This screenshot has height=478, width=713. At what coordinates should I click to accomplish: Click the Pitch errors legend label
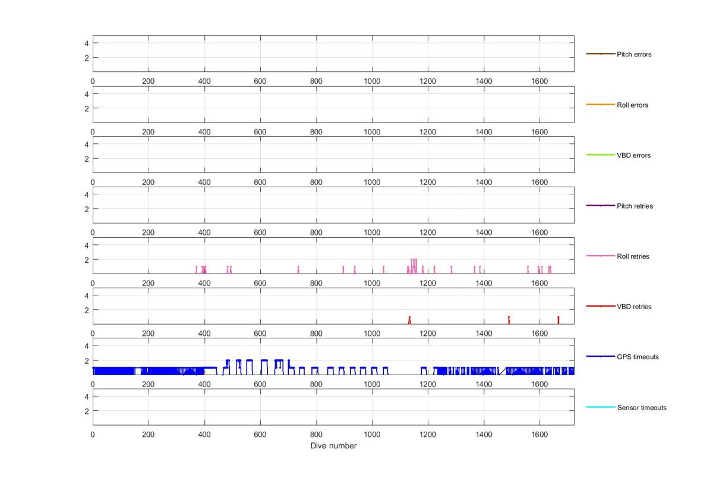pyautogui.click(x=634, y=54)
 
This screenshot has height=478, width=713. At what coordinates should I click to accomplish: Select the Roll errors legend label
pyautogui.click(x=632, y=105)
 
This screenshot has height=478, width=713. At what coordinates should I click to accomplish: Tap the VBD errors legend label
pyautogui.click(x=633, y=155)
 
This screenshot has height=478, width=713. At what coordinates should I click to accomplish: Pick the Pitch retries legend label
pyautogui.click(x=635, y=206)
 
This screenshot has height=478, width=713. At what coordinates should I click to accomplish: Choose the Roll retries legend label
pyautogui.click(x=633, y=256)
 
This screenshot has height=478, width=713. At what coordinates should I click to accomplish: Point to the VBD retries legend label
pyautogui.click(x=634, y=307)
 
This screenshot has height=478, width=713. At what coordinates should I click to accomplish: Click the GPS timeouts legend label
pyautogui.click(x=638, y=357)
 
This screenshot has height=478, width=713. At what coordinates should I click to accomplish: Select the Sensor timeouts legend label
pyautogui.click(x=642, y=408)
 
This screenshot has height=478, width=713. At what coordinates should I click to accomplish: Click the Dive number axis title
pyautogui.click(x=333, y=446)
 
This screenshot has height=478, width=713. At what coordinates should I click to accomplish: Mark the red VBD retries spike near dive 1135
pyautogui.click(x=409, y=320)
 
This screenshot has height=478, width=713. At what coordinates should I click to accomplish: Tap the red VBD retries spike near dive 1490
pyautogui.click(x=509, y=320)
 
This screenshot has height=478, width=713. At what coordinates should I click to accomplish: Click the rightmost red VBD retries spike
pyautogui.click(x=558, y=320)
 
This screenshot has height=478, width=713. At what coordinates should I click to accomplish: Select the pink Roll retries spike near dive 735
pyautogui.click(x=298, y=269)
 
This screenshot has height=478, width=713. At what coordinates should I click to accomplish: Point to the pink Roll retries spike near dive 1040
pyautogui.click(x=383, y=269)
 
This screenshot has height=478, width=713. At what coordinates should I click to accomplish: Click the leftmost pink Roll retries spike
pyautogui.click(x=196, y=269)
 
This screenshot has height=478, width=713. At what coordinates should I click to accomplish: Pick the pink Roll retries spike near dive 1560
pyautogui.click(x=528, y=269)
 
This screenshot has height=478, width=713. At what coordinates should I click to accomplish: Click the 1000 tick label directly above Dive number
pyautogui.click(x=372, y=435)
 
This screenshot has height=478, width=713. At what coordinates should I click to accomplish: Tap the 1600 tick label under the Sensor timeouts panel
pyautogui.click(x=540, y=435)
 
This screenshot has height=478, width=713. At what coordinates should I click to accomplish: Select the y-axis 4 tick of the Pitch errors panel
pyautogui.click(x=87, y=43)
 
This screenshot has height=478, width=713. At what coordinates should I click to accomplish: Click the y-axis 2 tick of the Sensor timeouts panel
pyautogui.click(x=87, y=411)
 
